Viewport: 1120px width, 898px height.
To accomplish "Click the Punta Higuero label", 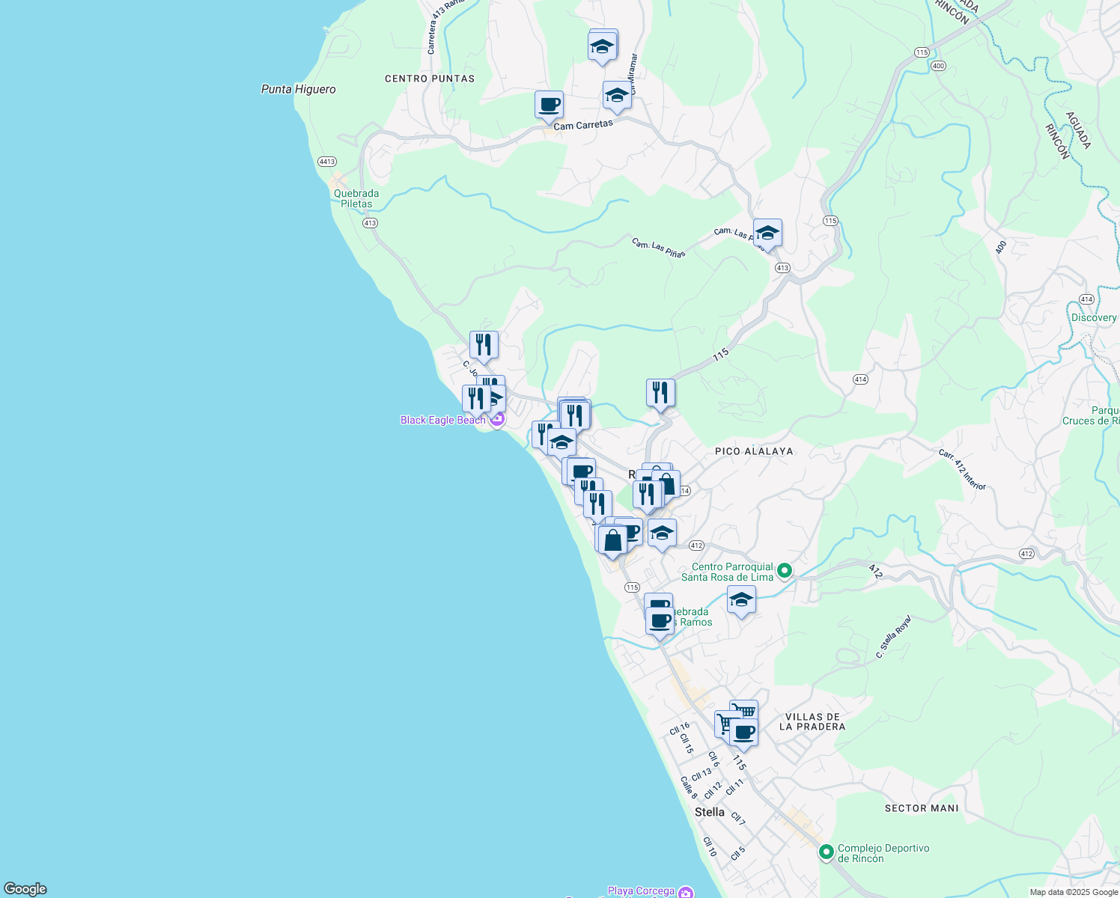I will [x=298, y=89].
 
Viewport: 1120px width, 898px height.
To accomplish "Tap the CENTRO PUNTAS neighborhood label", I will [x=430, y=79].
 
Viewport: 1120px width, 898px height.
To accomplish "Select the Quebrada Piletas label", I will [x=356, y=198].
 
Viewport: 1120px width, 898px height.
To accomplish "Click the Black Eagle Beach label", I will [x=442, y=420].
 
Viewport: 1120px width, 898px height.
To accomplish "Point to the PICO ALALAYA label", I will [x=754, y=451].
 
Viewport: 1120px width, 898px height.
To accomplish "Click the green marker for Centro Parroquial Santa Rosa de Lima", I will [x=785, y=572].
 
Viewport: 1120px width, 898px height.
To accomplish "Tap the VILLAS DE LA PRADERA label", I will [x=812, y=721].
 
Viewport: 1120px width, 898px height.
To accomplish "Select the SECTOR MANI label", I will [x=922, y=808].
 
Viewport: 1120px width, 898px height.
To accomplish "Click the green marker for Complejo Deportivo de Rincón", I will [x=827, y=852].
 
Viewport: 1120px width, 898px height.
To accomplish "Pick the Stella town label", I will [x=710, y=812].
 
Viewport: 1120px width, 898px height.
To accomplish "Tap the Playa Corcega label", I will [x=641, y=891].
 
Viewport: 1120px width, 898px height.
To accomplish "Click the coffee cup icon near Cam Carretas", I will [x=549, y=105].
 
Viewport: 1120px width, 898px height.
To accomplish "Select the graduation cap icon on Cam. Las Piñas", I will [x=767, y=233].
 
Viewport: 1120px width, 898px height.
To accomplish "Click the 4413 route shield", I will [x=327, y=162].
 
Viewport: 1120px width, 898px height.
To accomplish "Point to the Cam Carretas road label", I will [x=583, y=125].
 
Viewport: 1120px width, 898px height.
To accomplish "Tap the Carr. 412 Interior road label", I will [x=963, y=469].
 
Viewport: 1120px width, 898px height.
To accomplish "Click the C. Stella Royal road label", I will [x=894, y=636].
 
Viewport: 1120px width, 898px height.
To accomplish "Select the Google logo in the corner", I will [x=25, y=888].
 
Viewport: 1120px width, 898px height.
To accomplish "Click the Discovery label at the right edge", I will [x=1094, y=317].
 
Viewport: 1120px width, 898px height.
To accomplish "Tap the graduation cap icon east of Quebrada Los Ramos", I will [x=741, y=599].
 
